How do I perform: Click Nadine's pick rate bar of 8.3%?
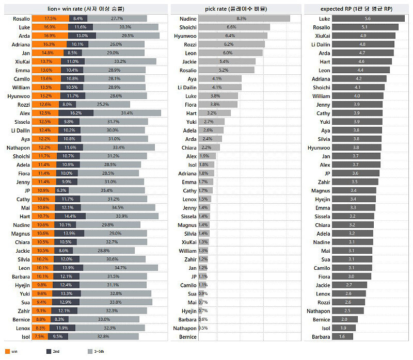pos(244,19)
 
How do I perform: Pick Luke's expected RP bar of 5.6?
pos(368,19)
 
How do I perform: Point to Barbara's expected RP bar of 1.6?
pos(342,337)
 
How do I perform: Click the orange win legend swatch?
pos(7,352)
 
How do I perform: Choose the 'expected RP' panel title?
pos(356,9)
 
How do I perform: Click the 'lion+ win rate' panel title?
pos(85,9)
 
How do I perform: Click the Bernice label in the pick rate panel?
pos(187,337)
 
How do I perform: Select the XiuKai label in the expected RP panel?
pos(323,36)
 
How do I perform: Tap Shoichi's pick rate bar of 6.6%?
pos(234,27)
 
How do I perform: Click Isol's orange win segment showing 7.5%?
pos(39,337)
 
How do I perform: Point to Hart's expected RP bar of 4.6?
pos(361,61)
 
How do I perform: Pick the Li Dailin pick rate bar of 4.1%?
pos(220,87)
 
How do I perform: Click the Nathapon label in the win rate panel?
pos(19,148)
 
